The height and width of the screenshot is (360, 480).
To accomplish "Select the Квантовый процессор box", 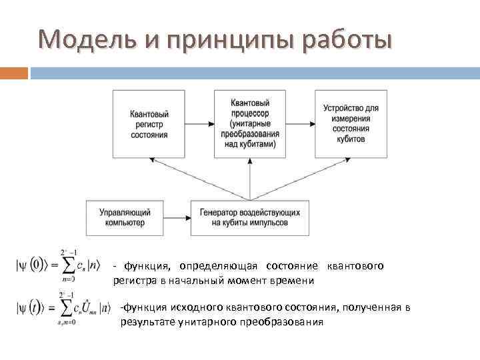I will tap(250, 124).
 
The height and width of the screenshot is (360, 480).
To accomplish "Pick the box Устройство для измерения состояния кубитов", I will tap(351, 124).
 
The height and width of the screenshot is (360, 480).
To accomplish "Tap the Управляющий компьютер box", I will tap(125, 217).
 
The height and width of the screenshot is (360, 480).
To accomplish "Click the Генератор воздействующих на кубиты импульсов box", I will tap(249, 217).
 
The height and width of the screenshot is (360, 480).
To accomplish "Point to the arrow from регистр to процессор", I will tap(199, 124).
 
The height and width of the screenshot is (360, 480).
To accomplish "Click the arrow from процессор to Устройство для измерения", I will tap(301, 124).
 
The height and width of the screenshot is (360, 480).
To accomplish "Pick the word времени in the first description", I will tap(291, 281).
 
